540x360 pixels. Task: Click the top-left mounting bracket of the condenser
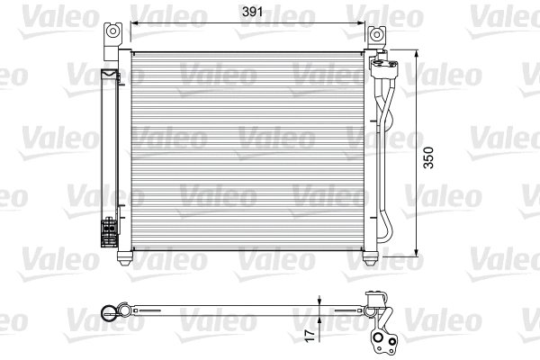(112, 33)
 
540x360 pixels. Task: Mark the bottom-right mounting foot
(369, 258)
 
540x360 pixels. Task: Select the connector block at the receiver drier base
(108, 231)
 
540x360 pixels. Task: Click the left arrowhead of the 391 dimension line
(135, 25)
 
